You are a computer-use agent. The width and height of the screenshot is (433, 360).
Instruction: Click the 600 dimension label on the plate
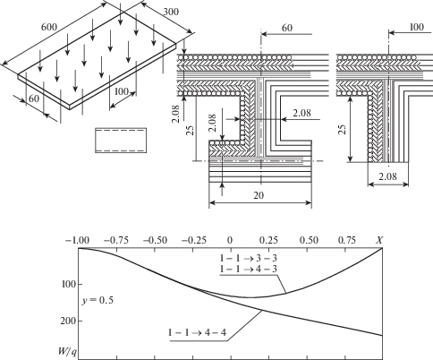pyautogui.click(x=49, y=27)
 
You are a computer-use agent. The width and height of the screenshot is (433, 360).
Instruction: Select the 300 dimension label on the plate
pyautogui.click(x=171, y=12)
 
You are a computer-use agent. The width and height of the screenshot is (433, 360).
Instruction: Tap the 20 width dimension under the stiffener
pyautogui.click(x=259, y=195)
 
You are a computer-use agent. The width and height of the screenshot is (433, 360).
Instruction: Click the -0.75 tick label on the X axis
pyautogui.click(x=116, y=240)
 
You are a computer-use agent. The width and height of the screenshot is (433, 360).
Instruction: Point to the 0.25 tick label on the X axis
pyautogui.click(x=269, y=240)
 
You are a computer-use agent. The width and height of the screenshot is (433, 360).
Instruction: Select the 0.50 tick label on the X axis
pyautogui.click(x=310, y=240)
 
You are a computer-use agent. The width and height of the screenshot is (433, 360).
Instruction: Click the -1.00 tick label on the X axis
pyautogui.click(x=77, y=240)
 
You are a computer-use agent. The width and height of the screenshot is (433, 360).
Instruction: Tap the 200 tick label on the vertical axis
pyautogui.click(x=68, y=321)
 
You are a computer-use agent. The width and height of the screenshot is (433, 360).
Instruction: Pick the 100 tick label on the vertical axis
pyautogui.click(x=68, y=284)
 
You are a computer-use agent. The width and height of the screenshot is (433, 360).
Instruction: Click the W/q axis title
pyautogui.click(x=67, y=352)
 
